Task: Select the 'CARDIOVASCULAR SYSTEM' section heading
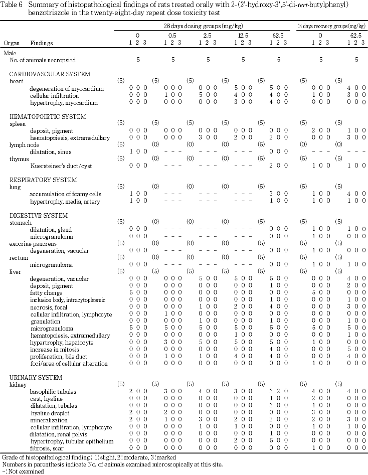50,74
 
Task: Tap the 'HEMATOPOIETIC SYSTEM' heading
48,117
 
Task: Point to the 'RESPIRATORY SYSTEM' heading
43,180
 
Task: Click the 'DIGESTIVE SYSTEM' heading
38,216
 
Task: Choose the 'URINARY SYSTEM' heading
36,378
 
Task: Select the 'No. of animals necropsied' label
43,60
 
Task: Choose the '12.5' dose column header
243,36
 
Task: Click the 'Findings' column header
41,44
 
